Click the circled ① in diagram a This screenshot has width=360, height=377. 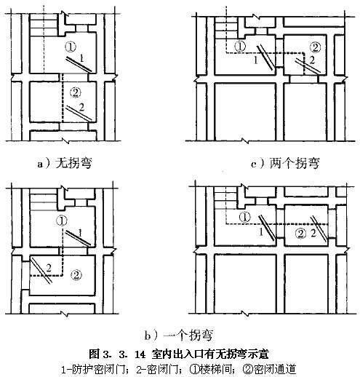pos(71,47)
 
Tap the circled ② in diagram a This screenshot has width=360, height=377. pos(75,92)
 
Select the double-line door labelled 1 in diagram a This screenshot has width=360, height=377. pos(79,64)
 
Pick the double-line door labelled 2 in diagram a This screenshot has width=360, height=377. pos(79,113)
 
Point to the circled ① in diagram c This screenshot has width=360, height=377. pos(240,47)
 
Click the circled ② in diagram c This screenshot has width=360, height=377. pos(315,47)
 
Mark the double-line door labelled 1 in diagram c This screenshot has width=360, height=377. pos(266,57)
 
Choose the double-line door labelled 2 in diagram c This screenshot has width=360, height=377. pos(308,66)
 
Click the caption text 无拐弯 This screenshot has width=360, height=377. pos(73,163)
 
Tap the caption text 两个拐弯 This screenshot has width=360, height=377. pos(295,163)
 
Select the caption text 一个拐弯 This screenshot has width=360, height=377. pos(188,336)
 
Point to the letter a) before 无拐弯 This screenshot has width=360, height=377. pos(44,164)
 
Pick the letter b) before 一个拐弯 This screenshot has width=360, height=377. pos(151,336)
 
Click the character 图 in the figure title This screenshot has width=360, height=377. pos(94,354)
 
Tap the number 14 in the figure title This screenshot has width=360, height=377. pos(140,355)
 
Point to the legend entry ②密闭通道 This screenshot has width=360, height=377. pos(269,370)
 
